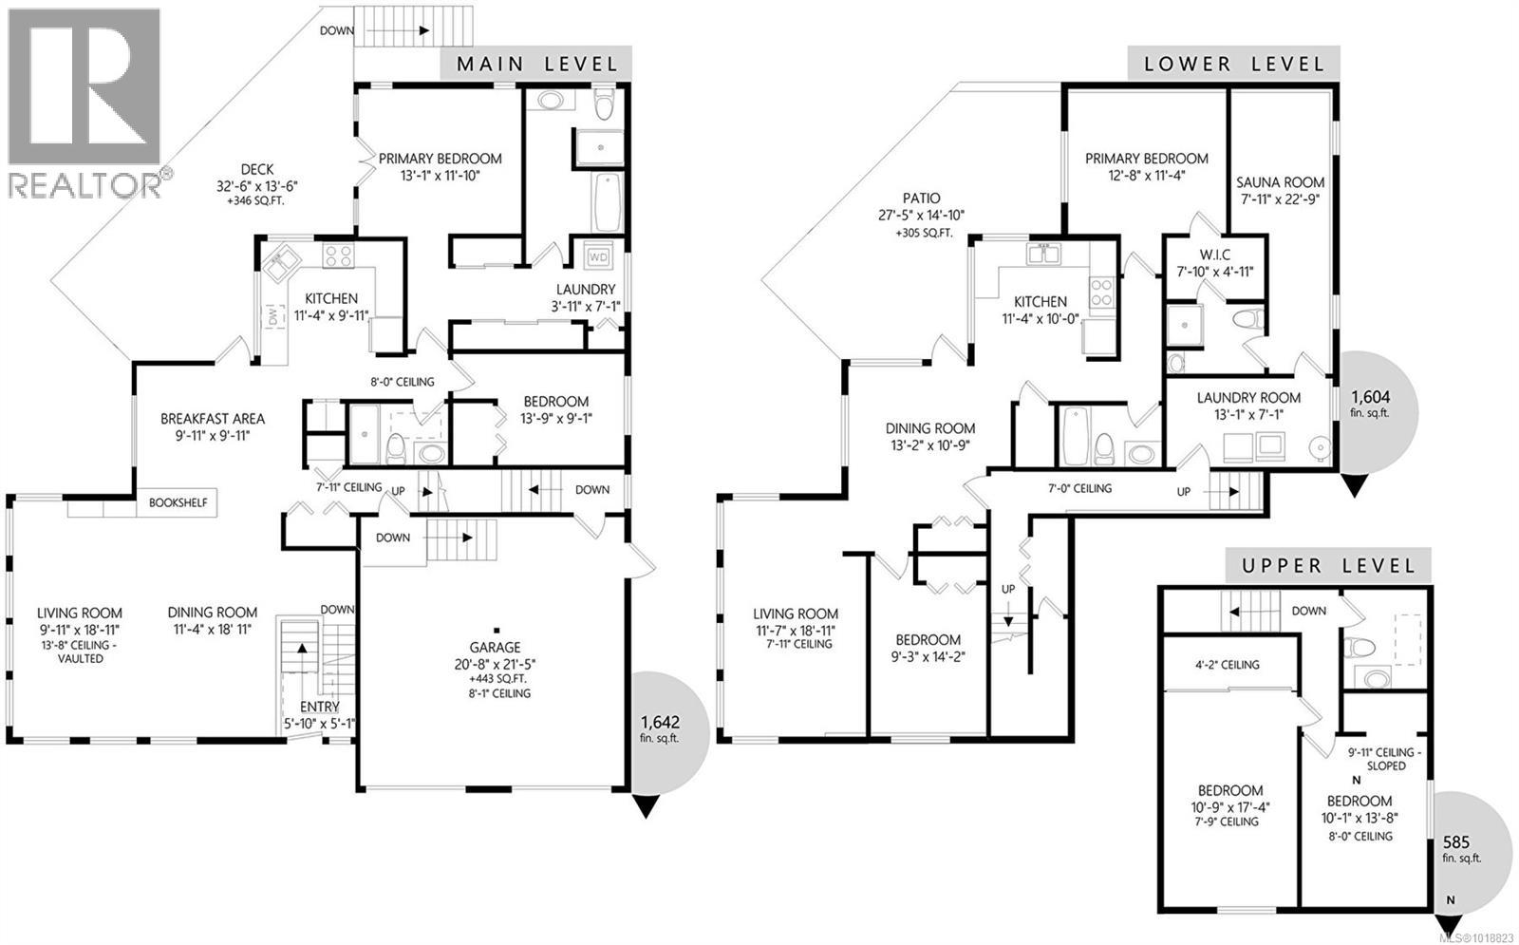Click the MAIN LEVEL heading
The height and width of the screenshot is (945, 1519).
(536, 65)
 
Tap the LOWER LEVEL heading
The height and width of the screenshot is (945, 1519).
(1233, 65)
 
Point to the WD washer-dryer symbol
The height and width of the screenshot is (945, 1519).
(598, 256)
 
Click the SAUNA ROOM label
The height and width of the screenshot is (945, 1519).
(1280, 182)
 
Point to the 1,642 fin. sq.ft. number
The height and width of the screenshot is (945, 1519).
(660, 722)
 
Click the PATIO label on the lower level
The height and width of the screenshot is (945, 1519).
(921, 198)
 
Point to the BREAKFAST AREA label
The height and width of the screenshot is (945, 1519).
(212, 419)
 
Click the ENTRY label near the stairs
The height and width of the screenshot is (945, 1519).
(319, 708)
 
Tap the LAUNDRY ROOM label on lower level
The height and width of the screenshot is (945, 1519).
(1248, 398)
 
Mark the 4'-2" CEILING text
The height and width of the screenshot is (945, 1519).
(1226, 665)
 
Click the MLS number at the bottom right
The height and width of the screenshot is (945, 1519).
(1476, 937)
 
